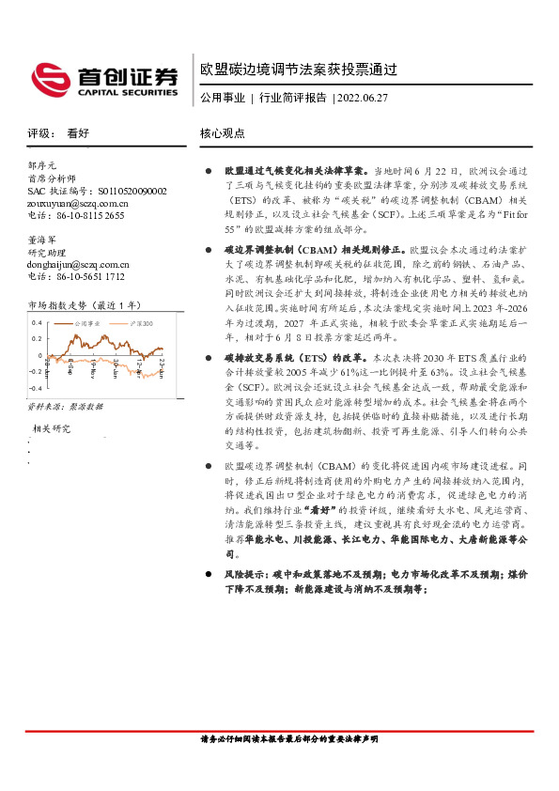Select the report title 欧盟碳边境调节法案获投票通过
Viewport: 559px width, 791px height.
(300, 70)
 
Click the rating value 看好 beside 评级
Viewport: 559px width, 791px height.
(78, 134)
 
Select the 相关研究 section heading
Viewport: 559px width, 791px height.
(52, 428)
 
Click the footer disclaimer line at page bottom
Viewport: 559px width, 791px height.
(289, 740)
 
